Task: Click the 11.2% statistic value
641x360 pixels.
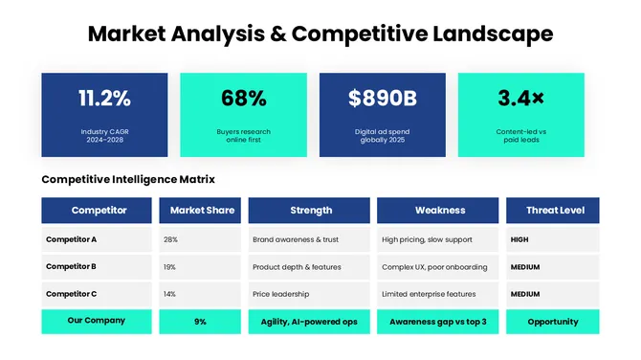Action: click(x=104, y=98)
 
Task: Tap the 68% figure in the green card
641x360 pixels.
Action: click(x=243, y=98)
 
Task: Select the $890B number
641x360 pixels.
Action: click(x=382, y=98)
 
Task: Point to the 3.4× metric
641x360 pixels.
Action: click(x=520, y=98)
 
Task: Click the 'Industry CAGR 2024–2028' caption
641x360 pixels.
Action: click(x=104, y=135)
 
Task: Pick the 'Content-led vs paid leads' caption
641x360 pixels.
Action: click(x=520, y=135)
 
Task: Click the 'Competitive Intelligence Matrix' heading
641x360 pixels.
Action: click(x=128, y=179)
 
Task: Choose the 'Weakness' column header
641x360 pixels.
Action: click(x=439, y=210)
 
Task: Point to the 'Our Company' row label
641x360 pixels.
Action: click(x=96, y=321)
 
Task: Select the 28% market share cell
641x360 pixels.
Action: click(x=170, y=239)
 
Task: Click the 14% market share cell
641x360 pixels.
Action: click(x=169, y=294)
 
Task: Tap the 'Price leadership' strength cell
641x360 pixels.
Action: click(x=280, y=294)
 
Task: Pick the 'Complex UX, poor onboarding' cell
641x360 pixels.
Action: click(x=433, y=267)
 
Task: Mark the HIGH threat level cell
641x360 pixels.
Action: click(x=519, y=239)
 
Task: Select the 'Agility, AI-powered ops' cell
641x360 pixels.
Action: click(x=308, y=322)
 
